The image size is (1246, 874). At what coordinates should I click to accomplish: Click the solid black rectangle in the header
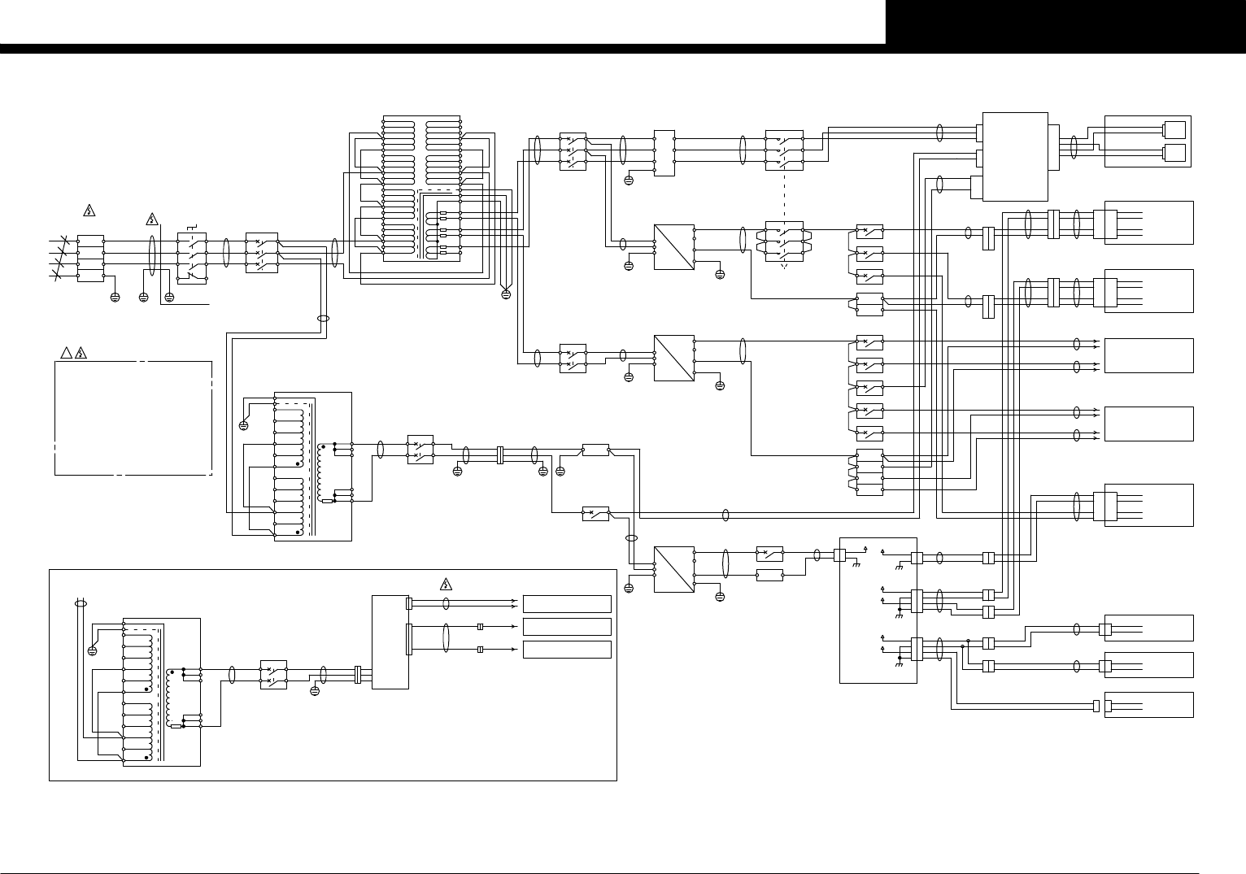(x=1065, y=22)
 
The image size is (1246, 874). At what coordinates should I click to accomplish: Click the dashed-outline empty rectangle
(x=133, y=417)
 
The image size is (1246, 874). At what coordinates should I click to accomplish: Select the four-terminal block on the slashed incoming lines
(x=89, y=258)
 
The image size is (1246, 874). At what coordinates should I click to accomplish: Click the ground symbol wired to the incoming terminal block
(x=115, y=297)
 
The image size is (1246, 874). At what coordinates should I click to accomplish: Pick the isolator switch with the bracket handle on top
(x=193, y=258)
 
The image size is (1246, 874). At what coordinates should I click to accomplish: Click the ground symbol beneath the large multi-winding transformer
(x=505, y=294)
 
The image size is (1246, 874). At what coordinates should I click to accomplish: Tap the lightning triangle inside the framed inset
(x=446, y=584)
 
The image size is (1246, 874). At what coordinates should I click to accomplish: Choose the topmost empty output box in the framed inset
(x=567, y=603)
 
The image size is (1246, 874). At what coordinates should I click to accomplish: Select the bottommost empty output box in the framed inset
(x=567, y=650)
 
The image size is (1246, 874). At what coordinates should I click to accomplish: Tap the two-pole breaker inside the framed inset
(x=273, y=674)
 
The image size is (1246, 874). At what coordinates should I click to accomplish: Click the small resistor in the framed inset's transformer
(x=176, y=727)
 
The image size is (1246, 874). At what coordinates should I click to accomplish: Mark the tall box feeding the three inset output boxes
(x=390, y=641)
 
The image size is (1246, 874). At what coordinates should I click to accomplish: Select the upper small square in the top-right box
(x=1175, y=129)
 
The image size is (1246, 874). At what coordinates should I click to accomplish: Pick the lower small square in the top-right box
(x=1175, y=152)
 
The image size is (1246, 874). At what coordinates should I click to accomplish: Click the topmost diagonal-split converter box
(x=674, y=247)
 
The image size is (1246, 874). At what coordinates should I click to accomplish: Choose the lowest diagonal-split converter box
(x=674, y=569)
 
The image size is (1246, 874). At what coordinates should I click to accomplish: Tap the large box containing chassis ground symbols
(x=878, y=610)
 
